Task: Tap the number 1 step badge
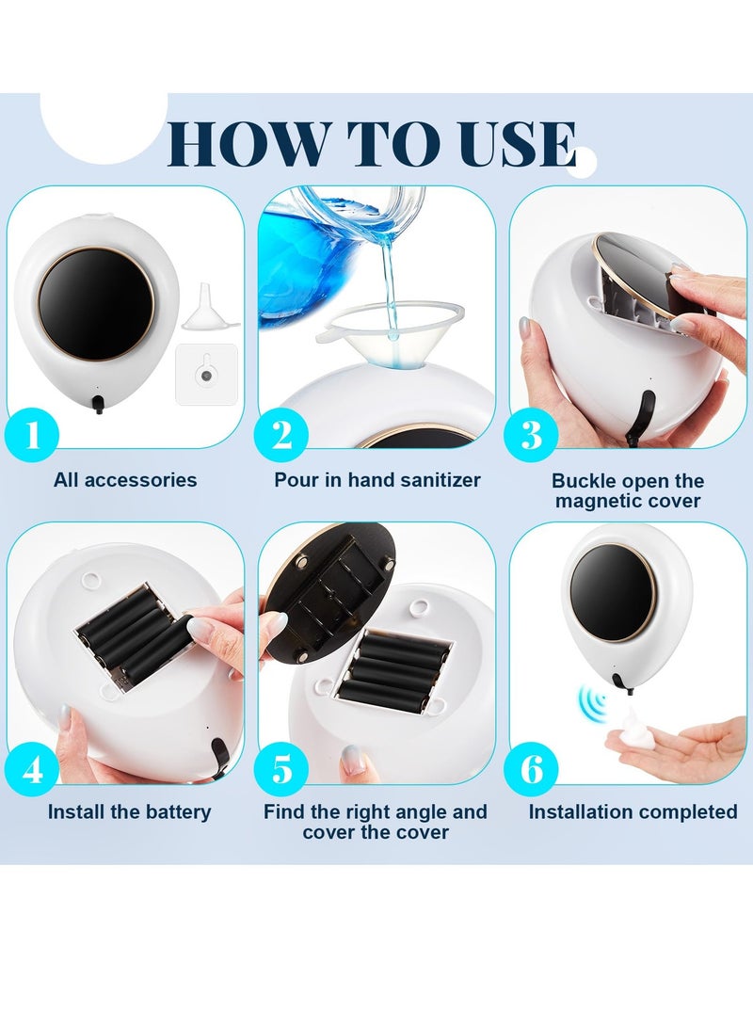click(32, 434)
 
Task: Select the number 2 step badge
click(281, 434)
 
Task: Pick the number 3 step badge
click(531, 434)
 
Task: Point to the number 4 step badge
click(32, 768)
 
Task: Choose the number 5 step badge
click(281, 768)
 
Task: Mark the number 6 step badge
click(531, 768)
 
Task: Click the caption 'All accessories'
click(125, 480)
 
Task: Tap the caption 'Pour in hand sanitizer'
click(377, 480)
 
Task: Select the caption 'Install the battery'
click(130, 812)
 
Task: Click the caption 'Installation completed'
click(633, 812)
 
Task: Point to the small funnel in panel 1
click(209, 307)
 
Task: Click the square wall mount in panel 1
click(206, 375)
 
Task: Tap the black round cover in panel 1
click(96, 303)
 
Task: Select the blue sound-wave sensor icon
click(592, 702)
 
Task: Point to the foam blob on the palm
click(639, 724)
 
